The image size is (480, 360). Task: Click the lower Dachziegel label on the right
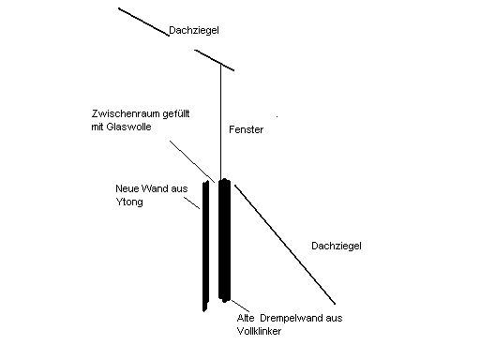[x=335, y=246]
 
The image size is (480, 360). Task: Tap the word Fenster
[x=245, y=129]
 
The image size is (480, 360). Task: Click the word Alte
[x=247, y=318]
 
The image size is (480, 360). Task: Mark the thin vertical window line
[x=222, y=122]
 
